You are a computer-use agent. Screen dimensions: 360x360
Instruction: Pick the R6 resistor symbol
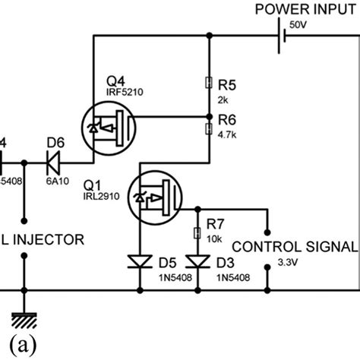pos(208,129)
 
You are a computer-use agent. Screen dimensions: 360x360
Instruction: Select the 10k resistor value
pos(214,239)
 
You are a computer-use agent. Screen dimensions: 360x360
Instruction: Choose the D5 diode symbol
pos(141,263)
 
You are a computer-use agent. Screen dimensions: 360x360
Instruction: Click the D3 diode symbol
pos(199,263)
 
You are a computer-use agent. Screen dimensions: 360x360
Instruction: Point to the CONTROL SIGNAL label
pos(293,247)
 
